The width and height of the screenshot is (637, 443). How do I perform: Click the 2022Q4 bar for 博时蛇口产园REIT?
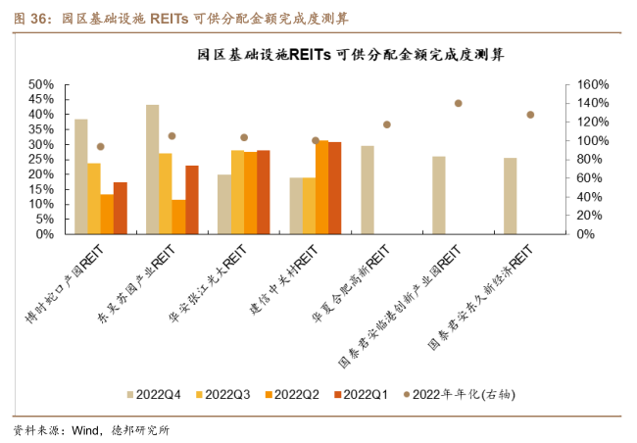click(81, 176)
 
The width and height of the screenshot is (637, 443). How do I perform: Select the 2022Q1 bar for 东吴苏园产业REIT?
click(192, 200)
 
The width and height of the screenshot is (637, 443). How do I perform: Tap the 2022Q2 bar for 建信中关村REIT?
click(321, 187)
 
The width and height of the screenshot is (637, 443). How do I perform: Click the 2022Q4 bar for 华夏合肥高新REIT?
click(367, 190)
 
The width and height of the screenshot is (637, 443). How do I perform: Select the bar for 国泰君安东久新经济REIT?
click(511, 196)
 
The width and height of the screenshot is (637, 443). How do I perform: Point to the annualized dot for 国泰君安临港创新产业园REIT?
click(458, 103)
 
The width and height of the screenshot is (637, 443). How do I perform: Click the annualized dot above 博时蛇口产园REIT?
click(100, 147)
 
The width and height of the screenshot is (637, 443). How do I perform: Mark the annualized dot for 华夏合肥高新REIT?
click(386, 124)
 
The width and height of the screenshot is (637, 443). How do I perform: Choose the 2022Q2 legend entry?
click(291, 394)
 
